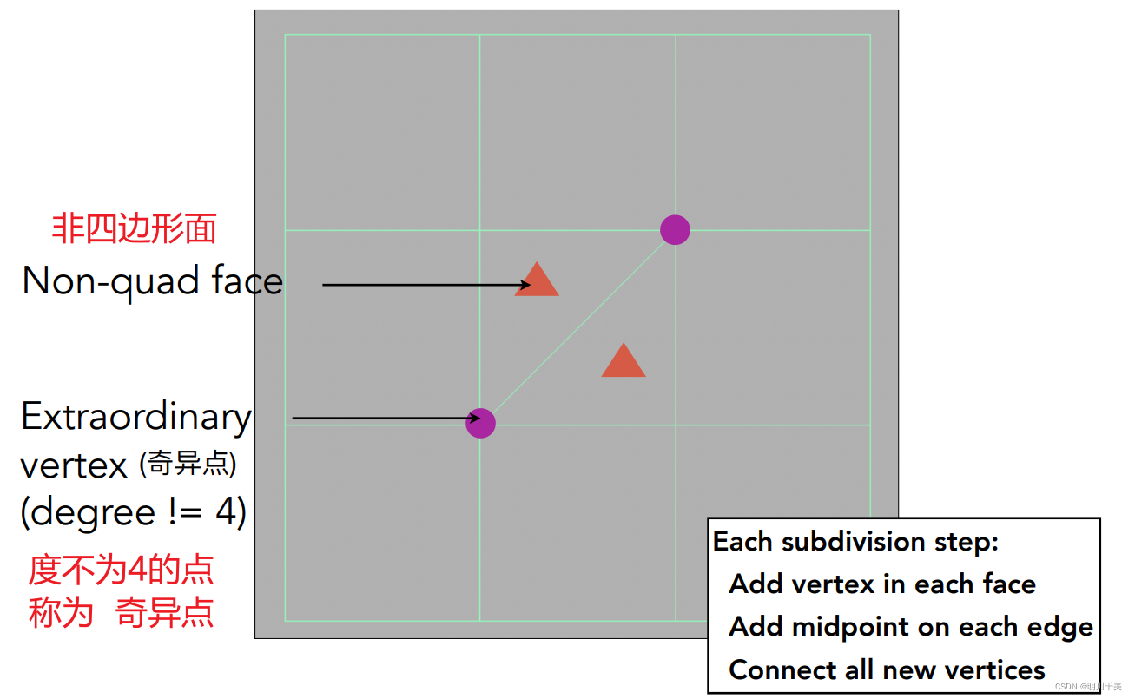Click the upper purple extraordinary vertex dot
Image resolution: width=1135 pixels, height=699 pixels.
(675, 230)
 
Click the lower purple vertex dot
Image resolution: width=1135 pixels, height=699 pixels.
(480, 423)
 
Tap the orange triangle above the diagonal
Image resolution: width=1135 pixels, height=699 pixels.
(537, 280)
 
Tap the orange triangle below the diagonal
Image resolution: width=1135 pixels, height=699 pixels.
(624, 361)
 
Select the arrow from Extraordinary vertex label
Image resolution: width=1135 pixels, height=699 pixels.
(382, 419)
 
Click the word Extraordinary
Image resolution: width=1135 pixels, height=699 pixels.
(135, 417)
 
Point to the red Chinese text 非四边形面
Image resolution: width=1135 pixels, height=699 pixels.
(134, 229)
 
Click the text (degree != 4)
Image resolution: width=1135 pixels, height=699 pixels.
(134, 512)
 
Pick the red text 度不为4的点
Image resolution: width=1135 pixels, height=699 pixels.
(121, 570)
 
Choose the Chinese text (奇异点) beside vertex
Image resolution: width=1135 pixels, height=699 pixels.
(188, 465)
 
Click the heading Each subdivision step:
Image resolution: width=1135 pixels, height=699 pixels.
(855, 542)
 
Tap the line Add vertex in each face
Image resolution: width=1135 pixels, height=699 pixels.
(882, 584)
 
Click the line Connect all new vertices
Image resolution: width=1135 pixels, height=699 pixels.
(887, 670)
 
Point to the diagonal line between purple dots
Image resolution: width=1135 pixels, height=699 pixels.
(577, 326)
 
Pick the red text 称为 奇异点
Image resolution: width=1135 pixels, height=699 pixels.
(121, 613)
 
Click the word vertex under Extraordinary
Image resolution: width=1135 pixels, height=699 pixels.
(74, 466)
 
